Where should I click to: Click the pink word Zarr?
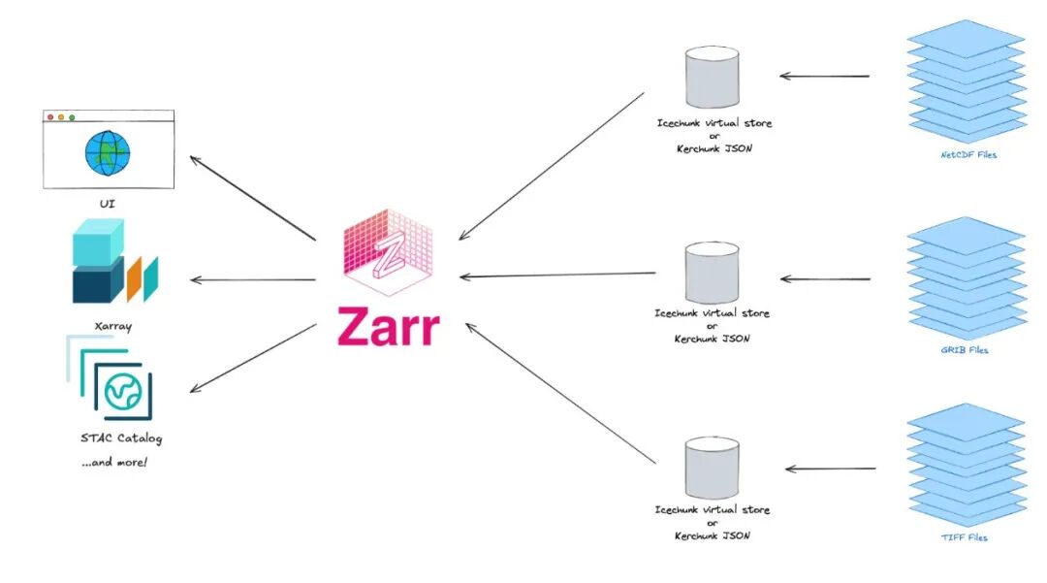(388, 327)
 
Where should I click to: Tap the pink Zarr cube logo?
(388, 249)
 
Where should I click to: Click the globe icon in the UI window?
(107, 152)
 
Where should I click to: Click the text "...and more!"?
(114, 462)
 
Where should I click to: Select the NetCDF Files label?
(968, 154)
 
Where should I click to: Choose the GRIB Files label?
(966, 349)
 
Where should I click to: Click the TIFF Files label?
(966, 537)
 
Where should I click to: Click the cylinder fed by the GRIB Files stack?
(712, 272)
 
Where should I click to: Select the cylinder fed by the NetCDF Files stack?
(713, 78)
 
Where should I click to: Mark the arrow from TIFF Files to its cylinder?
(830, 470)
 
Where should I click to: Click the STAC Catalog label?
(122, 438)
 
